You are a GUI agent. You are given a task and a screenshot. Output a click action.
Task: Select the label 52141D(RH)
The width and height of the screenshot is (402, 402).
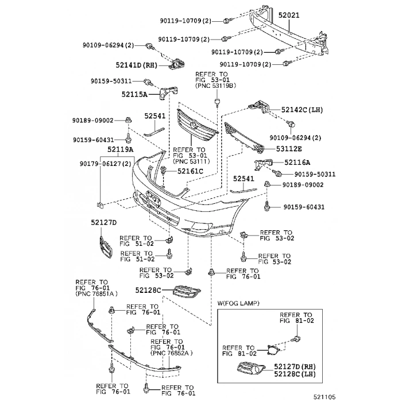pos(136,65)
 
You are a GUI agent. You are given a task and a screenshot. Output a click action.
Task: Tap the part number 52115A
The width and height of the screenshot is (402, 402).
pos(134,94)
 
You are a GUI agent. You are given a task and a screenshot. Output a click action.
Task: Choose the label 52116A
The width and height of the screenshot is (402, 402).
pos(297,163)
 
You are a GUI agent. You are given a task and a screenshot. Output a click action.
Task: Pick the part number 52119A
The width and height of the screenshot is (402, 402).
pos(119,150)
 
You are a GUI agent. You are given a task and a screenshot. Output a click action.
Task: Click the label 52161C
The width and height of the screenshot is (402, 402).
pos(190,171)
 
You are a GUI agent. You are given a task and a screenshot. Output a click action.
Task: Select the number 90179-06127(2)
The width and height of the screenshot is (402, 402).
pos(106,164)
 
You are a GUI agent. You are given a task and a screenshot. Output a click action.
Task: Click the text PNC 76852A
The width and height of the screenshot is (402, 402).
pos(172,353)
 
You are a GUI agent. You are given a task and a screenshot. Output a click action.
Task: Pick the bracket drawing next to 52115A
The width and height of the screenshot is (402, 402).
pos(168,92)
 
